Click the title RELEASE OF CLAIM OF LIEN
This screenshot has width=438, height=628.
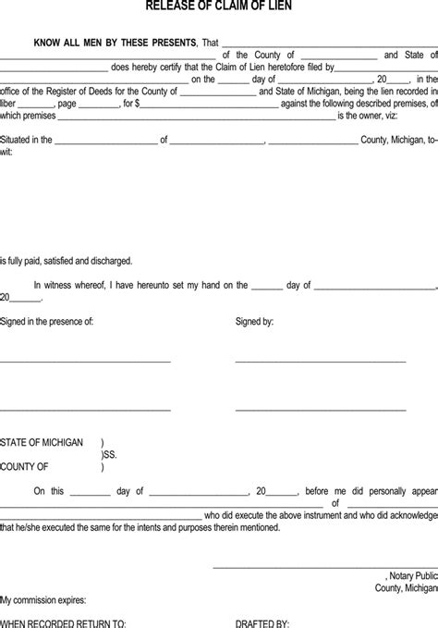(219, 7)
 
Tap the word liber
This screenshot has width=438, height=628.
(9, 105)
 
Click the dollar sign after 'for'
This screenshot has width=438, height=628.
(136, 105)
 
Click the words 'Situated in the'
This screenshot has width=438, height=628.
(26, 142)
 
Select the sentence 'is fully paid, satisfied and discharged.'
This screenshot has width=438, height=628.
(66, 260)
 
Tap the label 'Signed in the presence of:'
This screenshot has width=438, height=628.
(47, 322)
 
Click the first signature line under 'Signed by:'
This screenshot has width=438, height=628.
(320, 361)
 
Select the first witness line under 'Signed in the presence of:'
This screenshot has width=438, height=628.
(85, 361)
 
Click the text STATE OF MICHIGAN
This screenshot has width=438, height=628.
(42, 442)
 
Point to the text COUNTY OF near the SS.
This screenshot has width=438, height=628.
(24, 467)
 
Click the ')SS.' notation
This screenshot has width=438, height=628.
(109, 455)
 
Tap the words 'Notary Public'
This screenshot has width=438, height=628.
(411, 574)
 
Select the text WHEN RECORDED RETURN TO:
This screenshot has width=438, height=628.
(64, 623)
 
